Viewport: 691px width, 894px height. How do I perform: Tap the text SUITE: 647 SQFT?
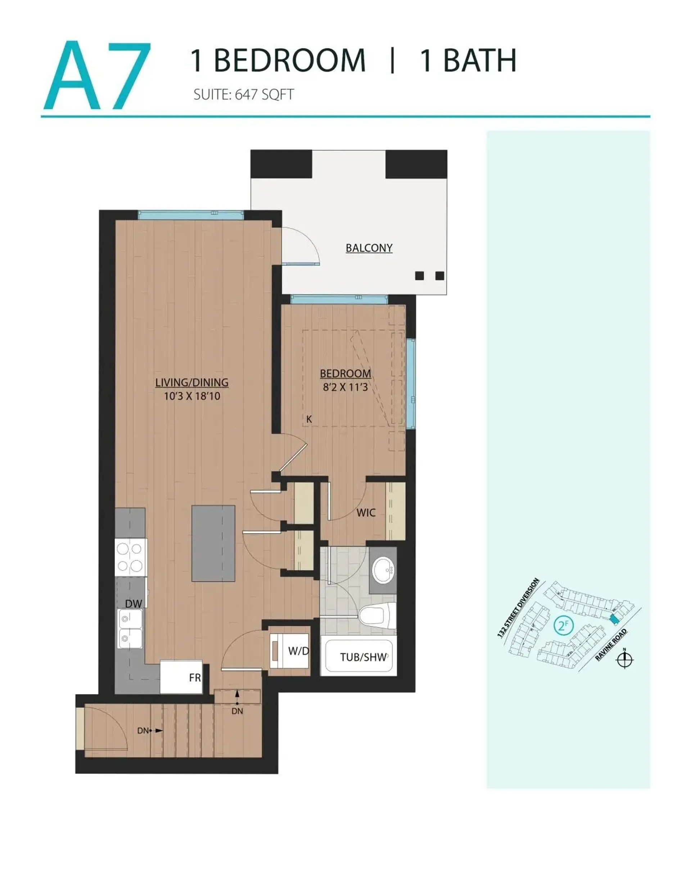[243, 95]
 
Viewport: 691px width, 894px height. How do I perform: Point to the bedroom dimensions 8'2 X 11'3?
[345, 387]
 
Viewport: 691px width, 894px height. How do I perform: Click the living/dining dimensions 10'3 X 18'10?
[192, 396]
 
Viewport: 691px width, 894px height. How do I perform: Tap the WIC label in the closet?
[365, 513]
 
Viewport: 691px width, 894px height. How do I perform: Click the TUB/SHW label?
[363, 657]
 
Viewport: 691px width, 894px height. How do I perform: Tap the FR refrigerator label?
[195, 678]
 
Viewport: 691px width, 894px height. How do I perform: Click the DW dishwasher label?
[134, 604]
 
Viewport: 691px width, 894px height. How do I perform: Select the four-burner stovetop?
[130, 558]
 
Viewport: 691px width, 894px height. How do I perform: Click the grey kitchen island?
[213, 543]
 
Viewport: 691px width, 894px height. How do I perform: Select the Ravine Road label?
[611, 644]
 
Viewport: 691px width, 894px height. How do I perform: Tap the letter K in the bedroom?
[309, 419]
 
